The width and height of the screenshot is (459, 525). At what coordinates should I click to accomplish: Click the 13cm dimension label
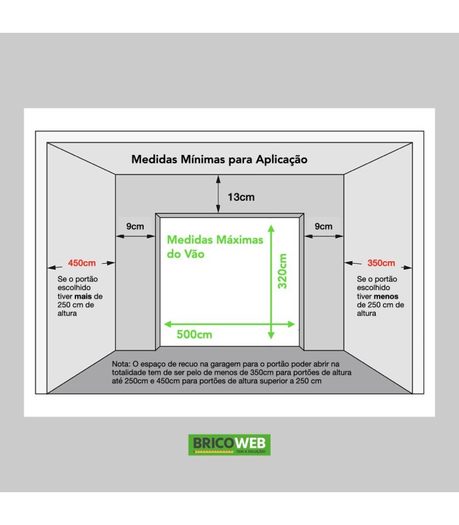[241, 197]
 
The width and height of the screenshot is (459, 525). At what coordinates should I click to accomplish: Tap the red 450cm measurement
[82, 263]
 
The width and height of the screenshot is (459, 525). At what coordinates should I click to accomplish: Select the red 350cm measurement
[381, 263]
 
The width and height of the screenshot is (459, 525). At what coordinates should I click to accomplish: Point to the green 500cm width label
[194, 334]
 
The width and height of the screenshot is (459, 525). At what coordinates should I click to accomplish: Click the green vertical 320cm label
[283, 271]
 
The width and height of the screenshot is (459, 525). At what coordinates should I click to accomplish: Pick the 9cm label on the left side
[135, 226]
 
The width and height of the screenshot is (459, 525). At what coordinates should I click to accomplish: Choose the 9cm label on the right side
[323, 226]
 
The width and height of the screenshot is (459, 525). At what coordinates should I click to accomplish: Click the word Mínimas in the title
[203, 159]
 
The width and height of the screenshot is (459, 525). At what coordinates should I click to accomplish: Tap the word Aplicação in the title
[282, 159]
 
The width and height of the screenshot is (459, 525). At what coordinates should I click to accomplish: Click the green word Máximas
[239, 240]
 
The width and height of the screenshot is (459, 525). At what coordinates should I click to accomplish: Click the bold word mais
[83, 297]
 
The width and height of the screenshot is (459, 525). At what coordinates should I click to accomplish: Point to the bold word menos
[386, 297]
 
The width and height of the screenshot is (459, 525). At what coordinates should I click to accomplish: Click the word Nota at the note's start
[121, 364]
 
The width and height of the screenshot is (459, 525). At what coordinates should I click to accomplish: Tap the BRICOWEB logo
[229, 445]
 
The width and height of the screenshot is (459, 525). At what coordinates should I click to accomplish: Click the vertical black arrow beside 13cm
[218, 194]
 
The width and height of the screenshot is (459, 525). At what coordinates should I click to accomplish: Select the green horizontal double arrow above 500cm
[229, 324]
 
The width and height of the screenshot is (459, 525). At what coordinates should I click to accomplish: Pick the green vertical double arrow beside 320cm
[271, 282]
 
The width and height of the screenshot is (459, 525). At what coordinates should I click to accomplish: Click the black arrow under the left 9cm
[136, 236]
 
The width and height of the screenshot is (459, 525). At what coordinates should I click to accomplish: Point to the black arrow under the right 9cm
[324, 236]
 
